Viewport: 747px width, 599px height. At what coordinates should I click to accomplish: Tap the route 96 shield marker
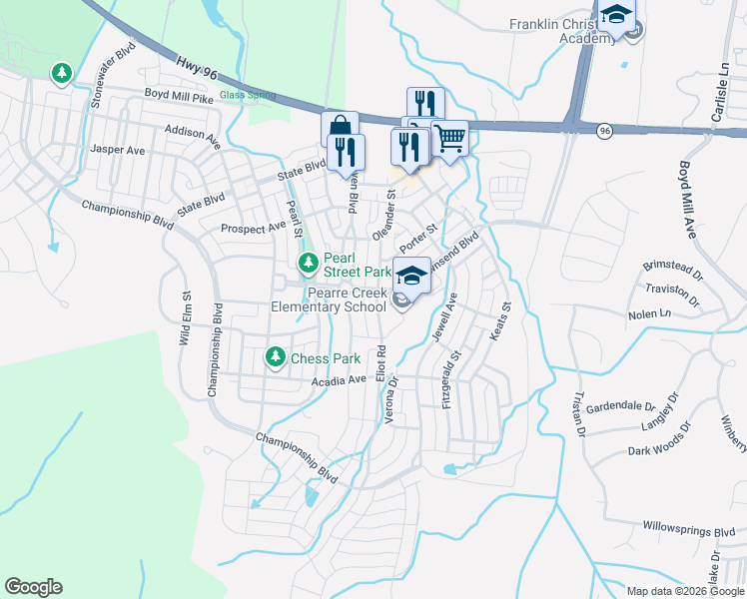605,130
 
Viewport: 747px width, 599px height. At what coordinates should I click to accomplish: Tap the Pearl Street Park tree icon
309,264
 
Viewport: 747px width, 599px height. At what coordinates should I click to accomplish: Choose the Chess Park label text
324,357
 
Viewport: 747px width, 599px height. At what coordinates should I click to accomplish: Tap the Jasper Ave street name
118,150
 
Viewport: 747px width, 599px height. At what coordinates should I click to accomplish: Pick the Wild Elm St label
185,317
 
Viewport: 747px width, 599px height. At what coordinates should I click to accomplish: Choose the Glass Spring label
246,96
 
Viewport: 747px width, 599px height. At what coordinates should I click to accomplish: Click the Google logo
33,587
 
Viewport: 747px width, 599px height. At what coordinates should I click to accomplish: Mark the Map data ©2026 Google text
685,591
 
